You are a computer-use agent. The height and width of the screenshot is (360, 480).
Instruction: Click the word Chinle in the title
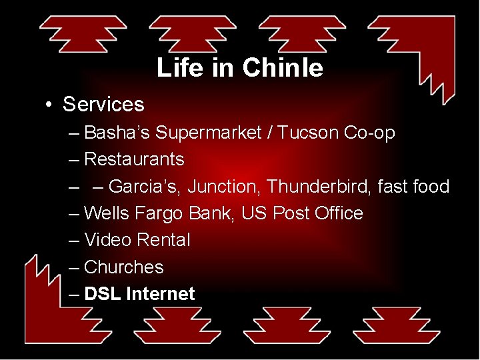[283, 68]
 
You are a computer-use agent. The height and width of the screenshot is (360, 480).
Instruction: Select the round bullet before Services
[49, 105]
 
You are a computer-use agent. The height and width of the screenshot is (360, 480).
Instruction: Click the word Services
[103, 105]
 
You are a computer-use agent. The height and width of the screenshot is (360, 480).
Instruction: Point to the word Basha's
[117, 133]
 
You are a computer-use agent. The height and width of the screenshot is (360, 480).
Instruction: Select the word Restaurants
[134, 160]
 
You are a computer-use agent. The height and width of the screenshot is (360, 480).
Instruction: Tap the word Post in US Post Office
[291, 213]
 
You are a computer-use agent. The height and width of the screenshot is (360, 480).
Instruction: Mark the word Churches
[123, 267]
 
